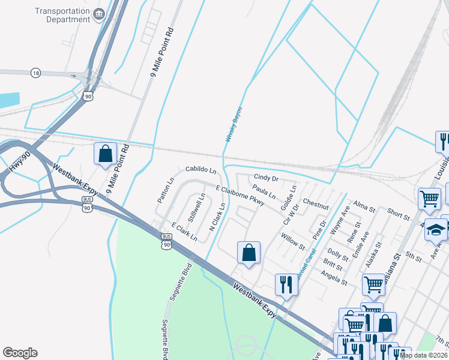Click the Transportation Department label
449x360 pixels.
click(x=62, y=15)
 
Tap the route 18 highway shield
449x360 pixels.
click(x=36, y=73)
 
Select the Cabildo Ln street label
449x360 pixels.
click(x=200, y=171)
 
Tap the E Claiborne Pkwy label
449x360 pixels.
click(x=240, y=196)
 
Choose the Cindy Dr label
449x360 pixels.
click(x=266, y=178)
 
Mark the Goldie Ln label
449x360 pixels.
click(x=288, y=197)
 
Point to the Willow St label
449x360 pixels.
click(x=293, y=242)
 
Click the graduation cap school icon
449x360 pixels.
click(x=436, y=229)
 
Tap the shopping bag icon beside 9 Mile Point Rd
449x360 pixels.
click(x=106, y=154)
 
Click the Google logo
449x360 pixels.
click(x=20, y=353)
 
